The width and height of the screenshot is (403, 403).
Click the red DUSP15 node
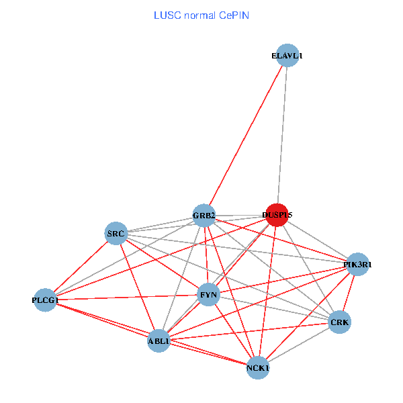tap(277, 215)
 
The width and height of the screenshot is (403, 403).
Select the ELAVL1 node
tap(287, 56)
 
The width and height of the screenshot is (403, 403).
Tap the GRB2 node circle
tap(204, 216)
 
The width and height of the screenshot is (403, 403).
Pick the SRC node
tap(116, 234)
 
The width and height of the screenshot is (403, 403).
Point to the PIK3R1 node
tap(357, 265)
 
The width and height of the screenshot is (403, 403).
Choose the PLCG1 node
tap(45, 300)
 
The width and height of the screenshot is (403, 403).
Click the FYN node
tap(208, 294)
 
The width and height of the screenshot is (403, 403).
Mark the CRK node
tap(340, 323)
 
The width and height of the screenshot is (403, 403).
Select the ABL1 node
tap(159, 341)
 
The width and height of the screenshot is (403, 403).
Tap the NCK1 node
tap(258, 368)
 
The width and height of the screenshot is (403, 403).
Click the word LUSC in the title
tap(167, 15)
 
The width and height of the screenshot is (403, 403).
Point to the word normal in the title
tap(199, 15)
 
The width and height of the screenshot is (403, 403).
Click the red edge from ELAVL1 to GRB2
tap(245, 136)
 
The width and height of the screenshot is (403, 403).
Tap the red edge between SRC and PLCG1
tap(81, 267)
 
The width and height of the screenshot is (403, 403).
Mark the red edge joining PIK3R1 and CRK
tap(349, 294)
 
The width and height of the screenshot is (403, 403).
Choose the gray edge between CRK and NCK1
tap(299, 346)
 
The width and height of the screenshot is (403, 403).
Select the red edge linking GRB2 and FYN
tap(206, 255)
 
